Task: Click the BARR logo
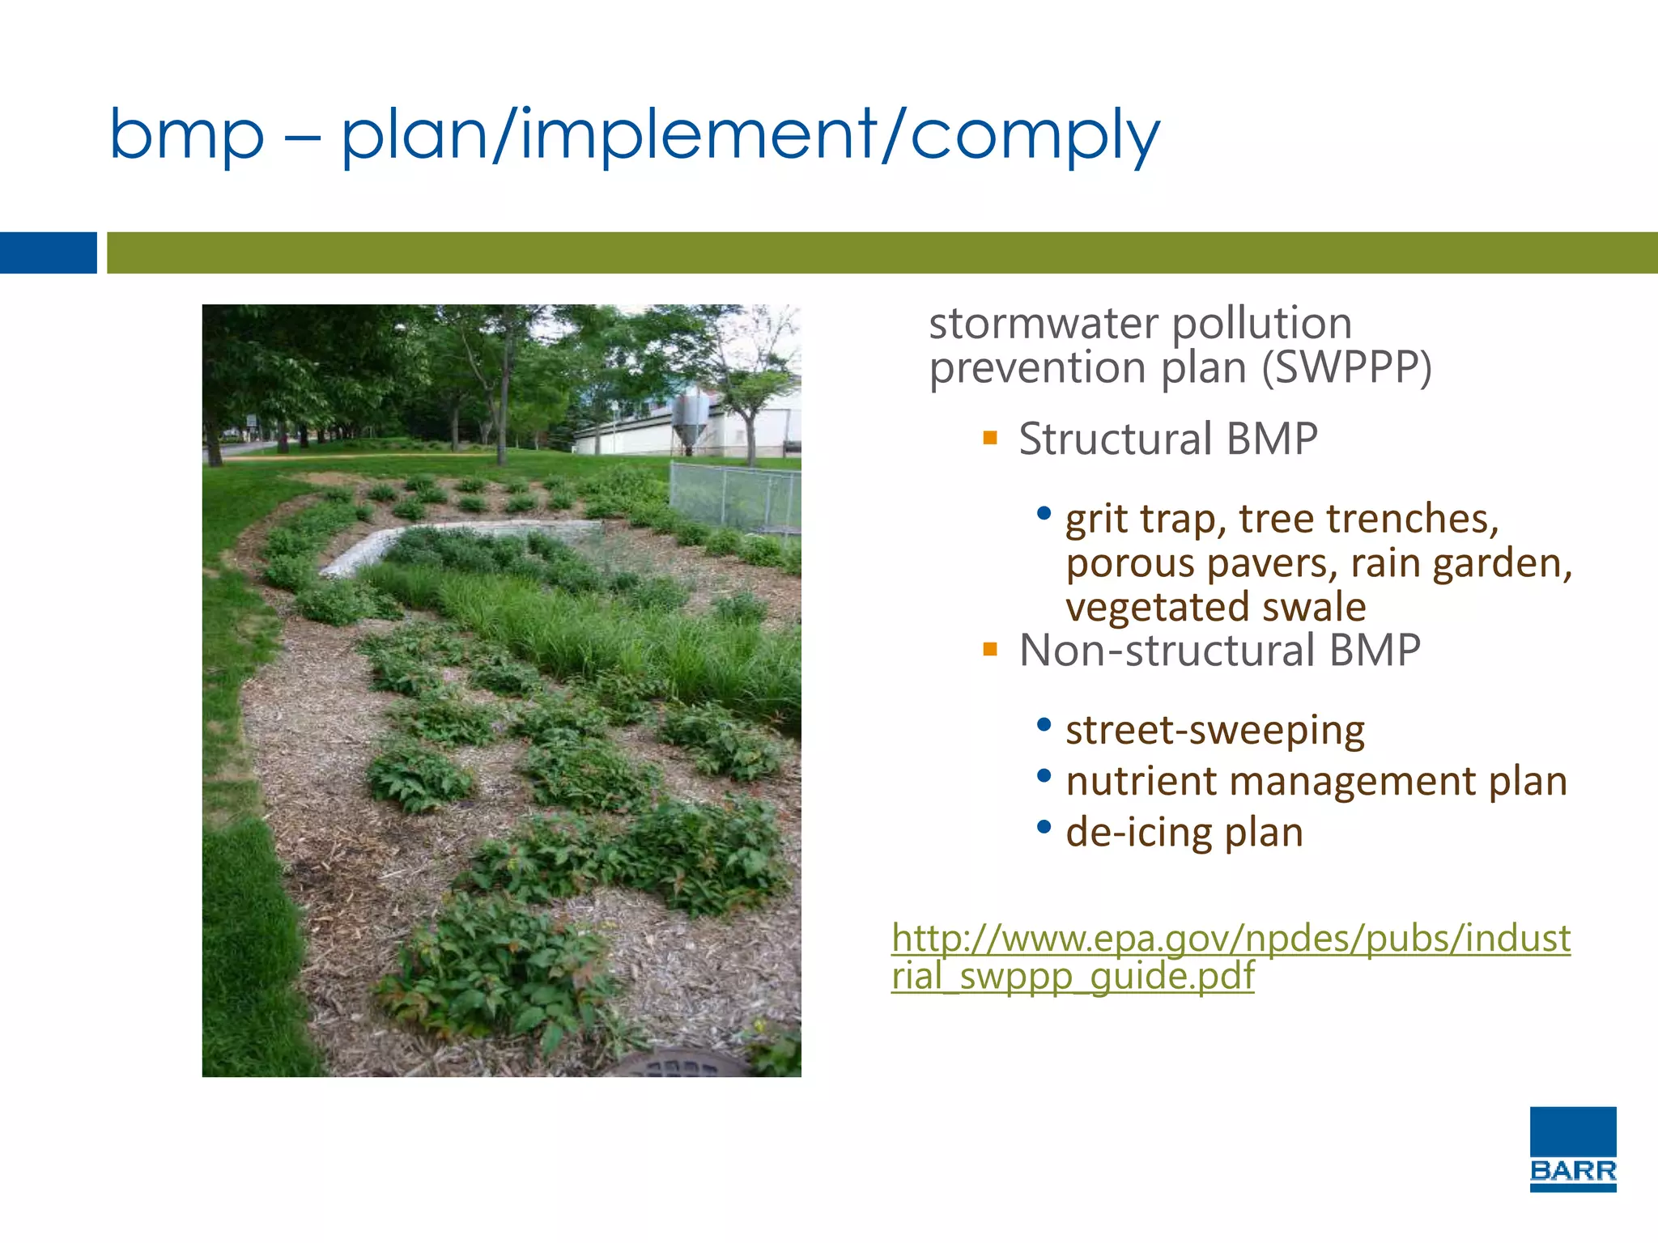click(1572, 1149)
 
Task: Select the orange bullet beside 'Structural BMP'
click(989, 439)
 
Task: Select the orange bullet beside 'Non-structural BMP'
click(989, 649)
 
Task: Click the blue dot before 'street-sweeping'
click(1044, 724)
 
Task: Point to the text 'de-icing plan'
click(1184, 832)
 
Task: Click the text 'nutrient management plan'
click(1316, 781)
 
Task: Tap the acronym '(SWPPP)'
click(1346, 368)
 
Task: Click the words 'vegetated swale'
click(1215, 607)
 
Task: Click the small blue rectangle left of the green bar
click(48, 252)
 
